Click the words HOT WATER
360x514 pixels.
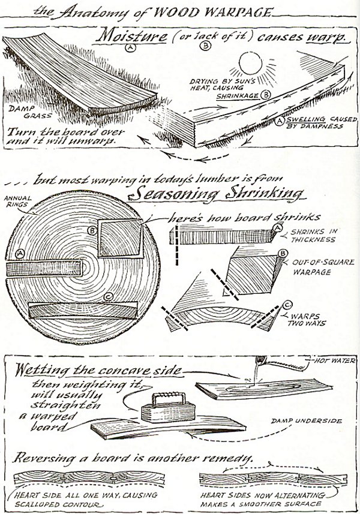click(337, 360)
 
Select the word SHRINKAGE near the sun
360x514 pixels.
click(236, 94)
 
